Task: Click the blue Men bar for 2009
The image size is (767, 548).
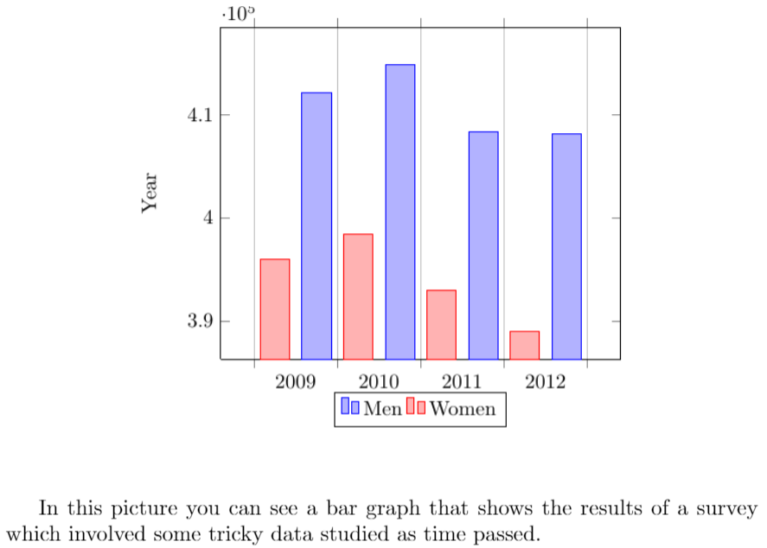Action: point(316,226)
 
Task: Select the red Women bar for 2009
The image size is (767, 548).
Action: point(275,309)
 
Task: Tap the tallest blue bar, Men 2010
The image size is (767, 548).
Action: point(400,212)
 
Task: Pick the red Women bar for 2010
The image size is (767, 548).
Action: point(358,296)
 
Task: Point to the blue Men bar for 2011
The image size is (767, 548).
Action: point(483,245)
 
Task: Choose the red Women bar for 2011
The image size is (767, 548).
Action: point(441,324)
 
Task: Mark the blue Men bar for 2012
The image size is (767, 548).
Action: point(566,246)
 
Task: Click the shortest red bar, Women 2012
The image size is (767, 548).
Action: point(525,345)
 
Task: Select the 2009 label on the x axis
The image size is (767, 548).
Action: point(296,381)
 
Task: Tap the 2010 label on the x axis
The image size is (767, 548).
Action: point(379,381)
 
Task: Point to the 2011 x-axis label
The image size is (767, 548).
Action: point(462,381)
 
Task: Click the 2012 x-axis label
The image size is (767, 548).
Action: point(546,381)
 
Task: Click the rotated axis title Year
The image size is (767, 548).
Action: point(150,193)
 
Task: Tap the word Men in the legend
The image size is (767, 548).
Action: point(382,409)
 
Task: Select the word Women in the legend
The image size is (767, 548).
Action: point(463,409)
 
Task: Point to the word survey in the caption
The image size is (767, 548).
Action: point(731,507)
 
